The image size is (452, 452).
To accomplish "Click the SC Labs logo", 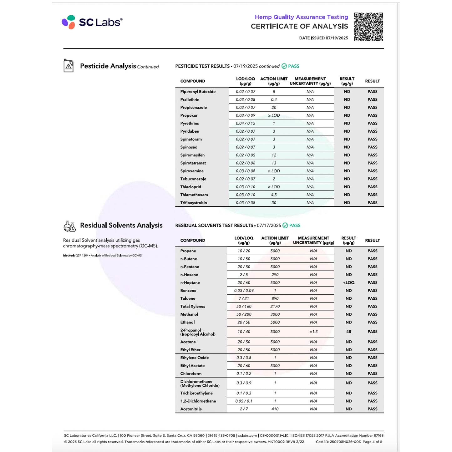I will (92, 22).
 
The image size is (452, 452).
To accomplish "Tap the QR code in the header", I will (368, 27).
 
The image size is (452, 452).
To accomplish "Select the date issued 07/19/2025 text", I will (323, 38).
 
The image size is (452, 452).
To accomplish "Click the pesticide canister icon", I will (69, 66).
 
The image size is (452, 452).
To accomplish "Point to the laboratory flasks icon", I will (69, 226).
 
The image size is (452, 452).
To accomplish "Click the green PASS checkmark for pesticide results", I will (284, 66).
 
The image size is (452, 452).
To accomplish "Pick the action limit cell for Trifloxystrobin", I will (274, 203).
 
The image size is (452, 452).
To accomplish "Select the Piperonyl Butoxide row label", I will (198, 92).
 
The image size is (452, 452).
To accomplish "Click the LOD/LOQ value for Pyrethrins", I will (245, 123).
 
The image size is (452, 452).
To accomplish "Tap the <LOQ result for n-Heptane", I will (348, 282).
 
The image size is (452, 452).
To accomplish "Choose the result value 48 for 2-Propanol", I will (348, 332).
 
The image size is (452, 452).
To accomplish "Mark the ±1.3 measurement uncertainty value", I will (313, 332).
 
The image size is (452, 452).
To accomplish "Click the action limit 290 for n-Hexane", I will (275, 275).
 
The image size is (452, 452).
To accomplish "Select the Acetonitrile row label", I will (191, 409).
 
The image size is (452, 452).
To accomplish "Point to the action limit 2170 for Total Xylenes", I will (275, 306).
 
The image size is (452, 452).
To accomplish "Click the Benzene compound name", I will (188, 291).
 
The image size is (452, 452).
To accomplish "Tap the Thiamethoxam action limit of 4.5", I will (274, 195).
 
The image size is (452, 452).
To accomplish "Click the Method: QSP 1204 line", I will (102, 256).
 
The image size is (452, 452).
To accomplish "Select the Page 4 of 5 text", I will (372, 442).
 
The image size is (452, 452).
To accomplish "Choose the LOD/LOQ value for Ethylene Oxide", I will (244, 358).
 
